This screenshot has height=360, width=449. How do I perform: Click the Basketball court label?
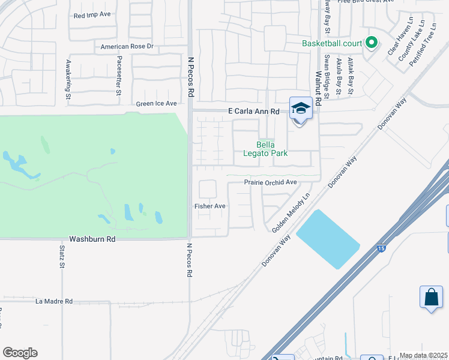[x=331, y=43]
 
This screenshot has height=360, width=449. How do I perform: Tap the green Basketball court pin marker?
[x=371, y=43]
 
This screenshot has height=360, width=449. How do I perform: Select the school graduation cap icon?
[x=301, y=109]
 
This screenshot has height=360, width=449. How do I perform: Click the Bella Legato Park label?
[x=272, y=149]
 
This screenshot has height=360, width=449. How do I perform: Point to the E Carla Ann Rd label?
[x=254, y=111]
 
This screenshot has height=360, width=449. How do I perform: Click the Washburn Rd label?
[x=92, y=238]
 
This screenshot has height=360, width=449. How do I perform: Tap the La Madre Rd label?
[x=54, y=301]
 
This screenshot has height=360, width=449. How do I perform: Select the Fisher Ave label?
[x=209, y=206]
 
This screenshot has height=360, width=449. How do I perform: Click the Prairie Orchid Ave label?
[x=270, y=182]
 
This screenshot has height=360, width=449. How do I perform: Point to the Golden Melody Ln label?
[x=291, y=213]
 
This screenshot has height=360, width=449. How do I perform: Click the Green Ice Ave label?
[x=156, y=103]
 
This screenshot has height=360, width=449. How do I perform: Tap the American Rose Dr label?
[x=127, y=46]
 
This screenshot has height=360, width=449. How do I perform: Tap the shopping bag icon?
[x=431, y=297]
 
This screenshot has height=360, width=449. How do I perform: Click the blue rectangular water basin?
[x=328, y=239]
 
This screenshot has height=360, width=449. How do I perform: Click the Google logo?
[x=20, y=353]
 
